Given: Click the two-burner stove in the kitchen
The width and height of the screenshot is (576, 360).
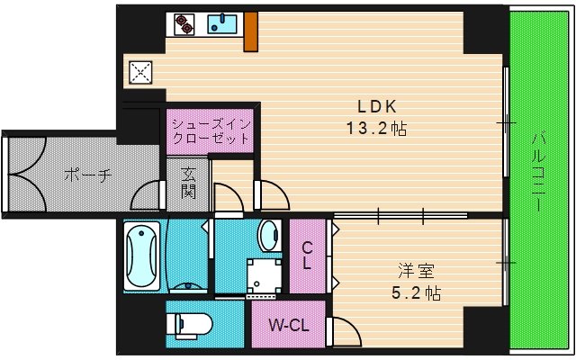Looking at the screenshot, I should click(x=183, y=24).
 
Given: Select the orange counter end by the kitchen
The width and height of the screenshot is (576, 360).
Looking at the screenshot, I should click(x=250, y=32).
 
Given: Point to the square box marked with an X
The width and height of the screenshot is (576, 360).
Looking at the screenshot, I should click(x=141, y=72).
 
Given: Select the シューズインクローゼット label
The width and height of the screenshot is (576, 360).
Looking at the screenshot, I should click(x=209, y=131).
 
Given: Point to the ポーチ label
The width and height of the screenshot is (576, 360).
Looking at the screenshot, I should click(x=87, y=175).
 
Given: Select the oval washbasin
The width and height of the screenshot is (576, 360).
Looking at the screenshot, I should click(x=268, y=236).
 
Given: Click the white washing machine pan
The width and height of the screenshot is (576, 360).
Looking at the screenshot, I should click(x=262, y=274).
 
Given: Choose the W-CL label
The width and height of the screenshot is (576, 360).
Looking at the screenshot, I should click(x=290, y=326).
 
